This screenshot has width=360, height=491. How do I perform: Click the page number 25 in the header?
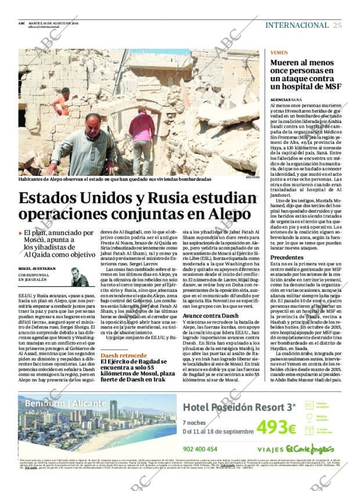(x=337, y=25)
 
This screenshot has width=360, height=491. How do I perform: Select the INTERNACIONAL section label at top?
(x=297, y=25)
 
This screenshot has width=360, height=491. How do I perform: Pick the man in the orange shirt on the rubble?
(x=62, y=103)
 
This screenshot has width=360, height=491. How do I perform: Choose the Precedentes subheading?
(x=287, y=257)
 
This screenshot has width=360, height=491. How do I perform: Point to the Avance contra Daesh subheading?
(x=210, y=315)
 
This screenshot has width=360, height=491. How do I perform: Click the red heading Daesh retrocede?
(x=124, y=355)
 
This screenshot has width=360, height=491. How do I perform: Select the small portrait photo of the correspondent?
(x=79, y=277)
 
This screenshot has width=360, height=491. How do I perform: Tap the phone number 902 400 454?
(x=200, y=449)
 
